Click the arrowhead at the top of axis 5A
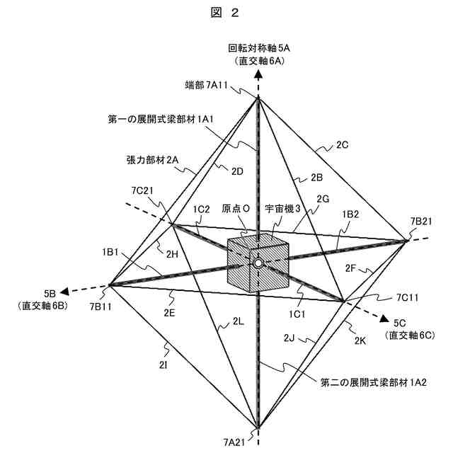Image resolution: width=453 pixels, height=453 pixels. tap(259, 73)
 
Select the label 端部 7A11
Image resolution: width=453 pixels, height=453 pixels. tap(205, 85)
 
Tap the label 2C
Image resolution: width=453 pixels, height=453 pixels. tap(343, 145)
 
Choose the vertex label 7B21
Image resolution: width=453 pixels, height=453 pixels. tap(421, 222)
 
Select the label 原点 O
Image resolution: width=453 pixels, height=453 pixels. tap(236, 210)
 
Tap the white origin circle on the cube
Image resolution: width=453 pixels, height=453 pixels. tap(259, 263)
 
